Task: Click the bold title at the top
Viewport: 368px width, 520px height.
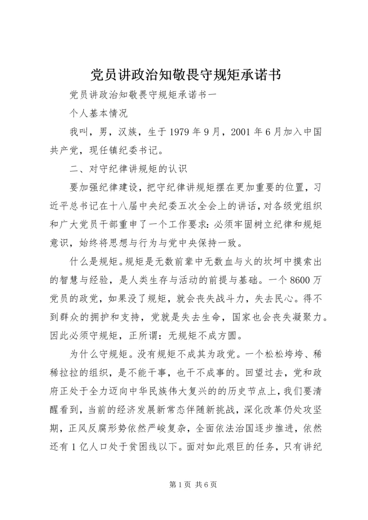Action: click(x=184, y=74)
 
